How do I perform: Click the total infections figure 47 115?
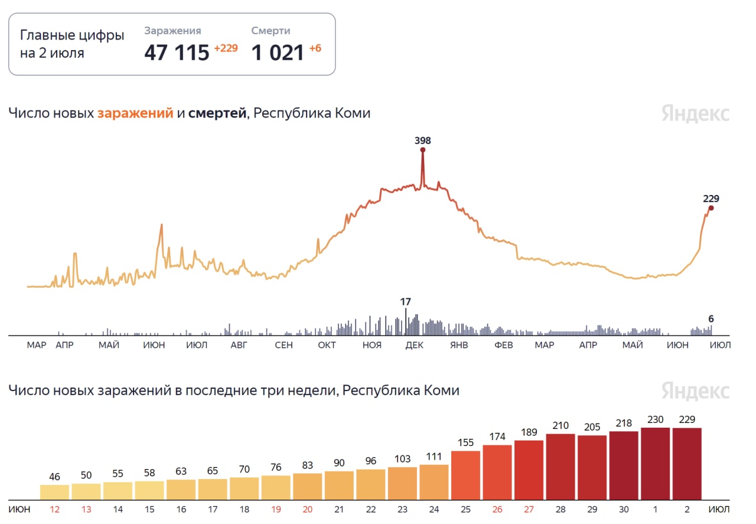pos(177,53)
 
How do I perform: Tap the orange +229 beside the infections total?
pos(226,48)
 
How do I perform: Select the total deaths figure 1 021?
pos(278,53)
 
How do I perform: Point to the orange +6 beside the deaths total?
pos(315,48)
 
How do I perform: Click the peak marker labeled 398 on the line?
pos(423,150)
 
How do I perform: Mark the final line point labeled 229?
pos(711,208)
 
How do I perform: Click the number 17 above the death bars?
pos(405,302)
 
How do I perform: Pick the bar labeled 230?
pos(656,464)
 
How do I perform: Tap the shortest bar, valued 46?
pos(54,492)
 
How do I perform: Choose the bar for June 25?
pos(465,475)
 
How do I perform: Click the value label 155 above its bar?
pos(465,442)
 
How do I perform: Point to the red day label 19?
pos(276,509)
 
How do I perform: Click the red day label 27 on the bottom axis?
pos(529,509)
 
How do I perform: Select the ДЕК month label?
pos(414,345)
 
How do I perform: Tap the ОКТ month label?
pos(327,345)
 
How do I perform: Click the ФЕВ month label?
pos(503,345)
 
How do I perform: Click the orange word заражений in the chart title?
pos(135,113)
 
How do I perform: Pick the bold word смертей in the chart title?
pos(217,113)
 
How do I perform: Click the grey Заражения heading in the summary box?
pos(172,31)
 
